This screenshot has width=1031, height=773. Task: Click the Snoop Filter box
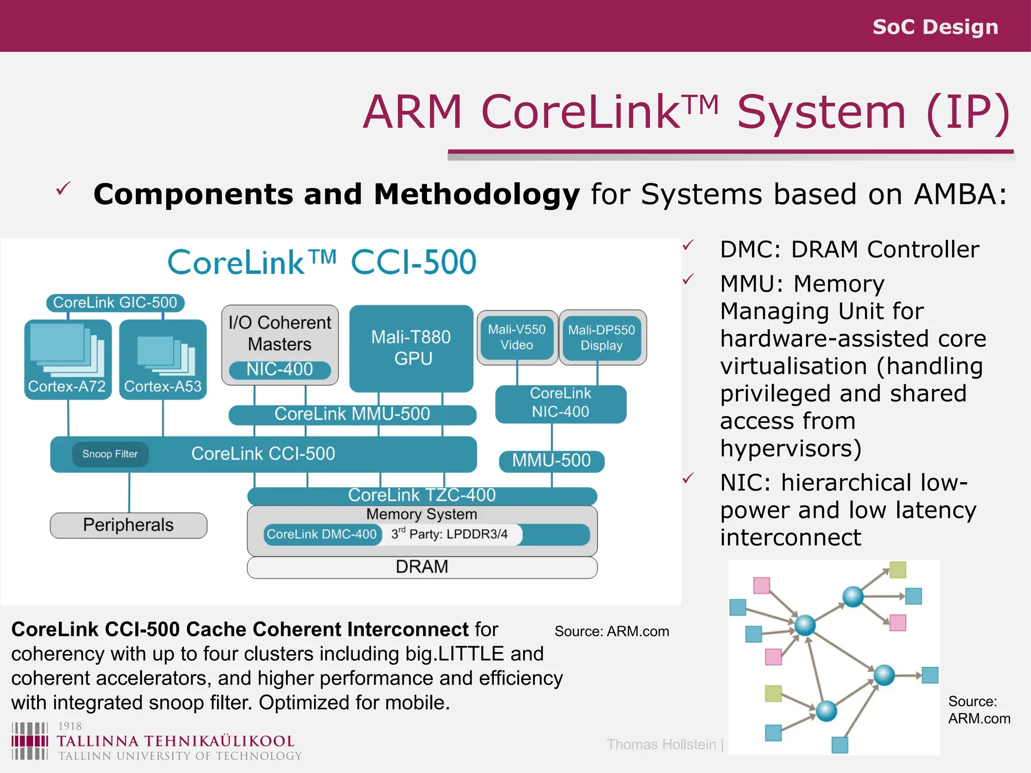[110, 454]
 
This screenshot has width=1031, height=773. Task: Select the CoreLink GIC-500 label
[115, 302]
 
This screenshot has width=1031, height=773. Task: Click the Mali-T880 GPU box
[411, 348]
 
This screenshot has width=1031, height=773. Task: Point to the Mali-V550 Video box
[517, 337]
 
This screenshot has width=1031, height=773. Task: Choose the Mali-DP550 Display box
[602, 337]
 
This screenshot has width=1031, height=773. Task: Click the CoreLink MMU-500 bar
[352, 414]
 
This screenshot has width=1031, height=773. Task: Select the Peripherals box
[128, 525]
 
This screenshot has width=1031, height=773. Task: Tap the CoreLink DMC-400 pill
[322, 534]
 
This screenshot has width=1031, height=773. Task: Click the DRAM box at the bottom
[422, 567]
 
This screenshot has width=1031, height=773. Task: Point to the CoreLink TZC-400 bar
[422, 495]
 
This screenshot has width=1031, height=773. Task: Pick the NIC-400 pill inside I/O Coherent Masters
[280, 370]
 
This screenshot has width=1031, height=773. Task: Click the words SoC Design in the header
[935, 27]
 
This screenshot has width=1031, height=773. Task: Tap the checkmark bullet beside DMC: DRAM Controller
[688, 245]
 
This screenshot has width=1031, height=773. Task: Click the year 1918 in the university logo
[69, 726]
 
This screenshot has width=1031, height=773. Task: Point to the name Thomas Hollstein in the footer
[661, 744]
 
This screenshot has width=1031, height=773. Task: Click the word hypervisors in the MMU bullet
[790, 448]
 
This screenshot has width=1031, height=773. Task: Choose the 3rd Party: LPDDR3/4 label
[450, 534]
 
